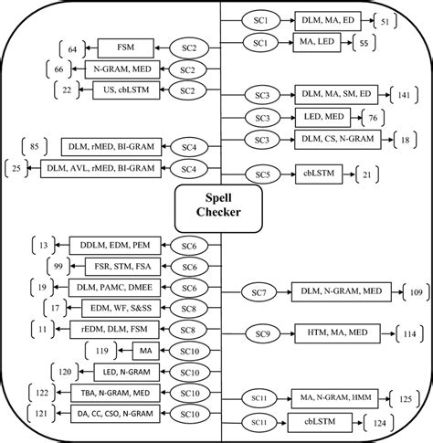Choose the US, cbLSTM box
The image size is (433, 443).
[117, 89]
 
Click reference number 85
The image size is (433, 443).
[34, 144]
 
